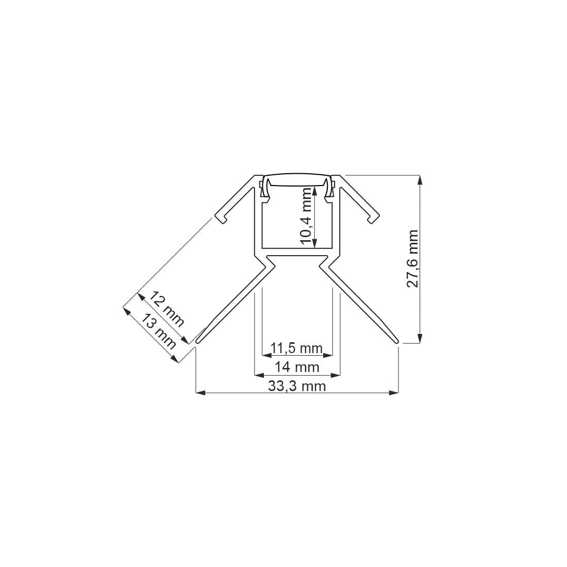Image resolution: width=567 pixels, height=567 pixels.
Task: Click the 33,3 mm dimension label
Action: tap(297, 386)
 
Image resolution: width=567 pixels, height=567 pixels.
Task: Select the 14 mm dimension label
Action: tap(297, 368)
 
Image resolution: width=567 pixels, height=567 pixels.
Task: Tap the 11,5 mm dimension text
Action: tap(297, 348)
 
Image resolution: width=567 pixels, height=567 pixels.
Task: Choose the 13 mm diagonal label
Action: tap(157, 330)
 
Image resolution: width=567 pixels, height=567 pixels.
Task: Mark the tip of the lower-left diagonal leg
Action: tap(197, 341)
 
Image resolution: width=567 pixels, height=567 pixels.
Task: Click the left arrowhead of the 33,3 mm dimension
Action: tap(199, 393)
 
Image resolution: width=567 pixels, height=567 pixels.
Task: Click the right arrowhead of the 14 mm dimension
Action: tap(337, 374)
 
